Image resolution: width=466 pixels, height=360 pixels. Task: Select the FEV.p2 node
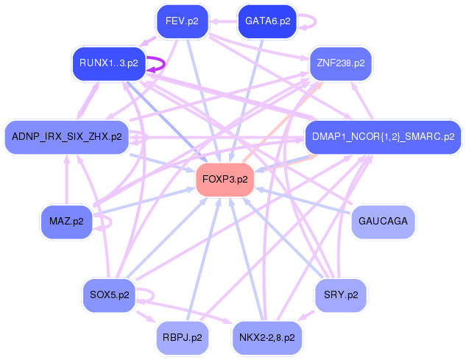pyautogui.click(x=182, y=21)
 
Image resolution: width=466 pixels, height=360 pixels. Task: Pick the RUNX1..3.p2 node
pyautogui.click(x=108, y=63)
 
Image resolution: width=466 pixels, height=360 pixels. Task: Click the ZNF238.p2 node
pyautogui.click(x=340, y=63)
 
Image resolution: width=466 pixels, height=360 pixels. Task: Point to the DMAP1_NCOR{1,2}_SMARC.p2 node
pyautogui.click(x=383, y=137)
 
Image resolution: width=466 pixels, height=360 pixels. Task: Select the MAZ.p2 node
pyautogui.click(x=66, y=221)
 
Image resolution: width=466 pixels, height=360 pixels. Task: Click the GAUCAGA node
pyautogui.click(x=382, y=221)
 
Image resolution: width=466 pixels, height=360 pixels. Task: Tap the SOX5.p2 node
pyautogui.click(x=109, y=295)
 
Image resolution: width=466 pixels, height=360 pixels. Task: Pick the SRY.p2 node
pyautogui.click(x=340, y=295)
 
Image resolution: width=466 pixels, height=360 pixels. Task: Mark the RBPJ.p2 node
pyautogui.click(x=182, y=338)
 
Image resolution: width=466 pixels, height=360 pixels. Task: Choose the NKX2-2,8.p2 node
pyautogui.click(x=266, y=338)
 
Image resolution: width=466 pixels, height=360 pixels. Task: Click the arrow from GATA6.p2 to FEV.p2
pyautogui.click(x=225, y=21)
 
